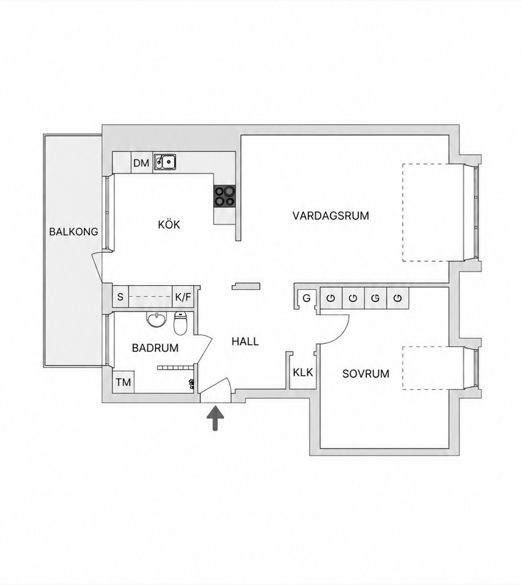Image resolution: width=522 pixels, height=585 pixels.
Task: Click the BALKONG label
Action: (x=73, y=232)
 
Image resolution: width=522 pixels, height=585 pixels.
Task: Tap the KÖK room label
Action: (x=169, y=224)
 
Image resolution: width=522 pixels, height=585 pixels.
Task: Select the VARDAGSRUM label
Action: (x=330, y=215)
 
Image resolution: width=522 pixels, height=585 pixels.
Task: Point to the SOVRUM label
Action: (x=366, y=373)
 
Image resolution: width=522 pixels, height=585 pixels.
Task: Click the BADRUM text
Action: (x=155, y=348)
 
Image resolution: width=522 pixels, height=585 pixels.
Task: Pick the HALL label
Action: (x=245, y=341)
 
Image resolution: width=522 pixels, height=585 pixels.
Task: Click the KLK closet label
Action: (x=303, y=372)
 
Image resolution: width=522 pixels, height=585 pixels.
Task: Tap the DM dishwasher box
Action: (x=141, y=163)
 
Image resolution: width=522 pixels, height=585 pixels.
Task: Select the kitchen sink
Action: (x=165, y=162)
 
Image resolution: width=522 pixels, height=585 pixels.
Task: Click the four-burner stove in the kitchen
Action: (x=225, y=196)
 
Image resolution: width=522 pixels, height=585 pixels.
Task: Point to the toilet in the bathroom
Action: (x=180, y=322)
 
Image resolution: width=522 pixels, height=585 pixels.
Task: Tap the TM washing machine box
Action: (x=123, y=382)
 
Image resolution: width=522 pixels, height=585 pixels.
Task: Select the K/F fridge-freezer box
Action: (x=183, y=297)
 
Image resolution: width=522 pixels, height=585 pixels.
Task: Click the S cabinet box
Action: (x=120, y=297)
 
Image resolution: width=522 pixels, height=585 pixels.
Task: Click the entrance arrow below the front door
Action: (x=215, y=418)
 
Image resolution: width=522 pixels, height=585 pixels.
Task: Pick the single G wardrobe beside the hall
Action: (x=307, y=298)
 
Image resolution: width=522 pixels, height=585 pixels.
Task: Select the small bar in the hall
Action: (x=246, y=286)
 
